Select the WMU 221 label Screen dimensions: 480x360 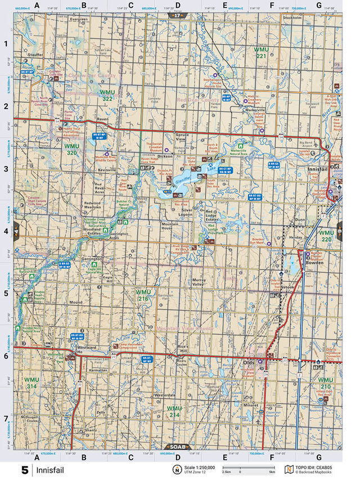point(261,53)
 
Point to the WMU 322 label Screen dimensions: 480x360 point(107,95)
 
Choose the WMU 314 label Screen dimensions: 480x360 point(31,383)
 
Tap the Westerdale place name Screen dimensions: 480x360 point(165,396)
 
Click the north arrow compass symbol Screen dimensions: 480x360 point(177,469)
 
